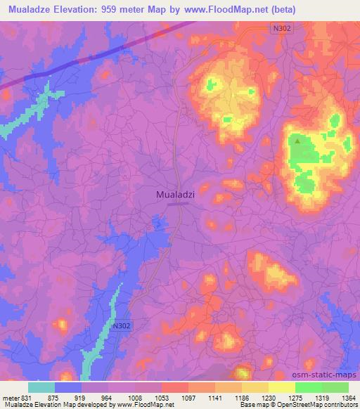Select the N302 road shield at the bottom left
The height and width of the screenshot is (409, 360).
[x=122, y=326]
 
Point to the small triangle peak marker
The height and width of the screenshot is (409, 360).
[x=297, y=141]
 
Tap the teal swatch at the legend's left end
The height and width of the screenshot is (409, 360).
[x=41, y=387]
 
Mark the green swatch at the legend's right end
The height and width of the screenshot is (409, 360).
[x=335, y=387]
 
